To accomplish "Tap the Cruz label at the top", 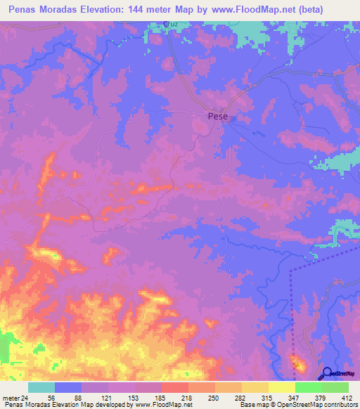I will coord(171,24).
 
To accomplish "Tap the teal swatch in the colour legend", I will coord(41,387).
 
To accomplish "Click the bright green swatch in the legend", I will coord(308,387).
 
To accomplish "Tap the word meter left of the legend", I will coord(10,398).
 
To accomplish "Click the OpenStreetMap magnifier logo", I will coord(327,373).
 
